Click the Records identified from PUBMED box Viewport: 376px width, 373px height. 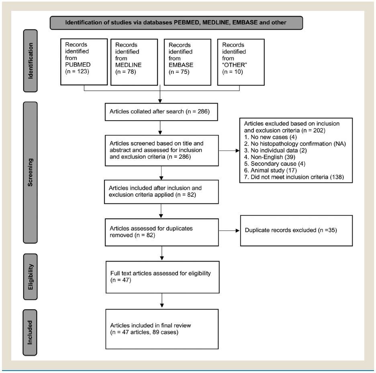(84, 62)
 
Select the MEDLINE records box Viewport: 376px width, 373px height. (134, 62)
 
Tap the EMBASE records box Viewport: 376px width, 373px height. (188, 62)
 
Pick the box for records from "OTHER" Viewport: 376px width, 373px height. (241, 62)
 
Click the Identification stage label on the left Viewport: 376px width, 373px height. (31, 61)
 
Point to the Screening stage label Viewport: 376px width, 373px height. (30, 172)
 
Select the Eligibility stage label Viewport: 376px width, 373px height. (31, 277)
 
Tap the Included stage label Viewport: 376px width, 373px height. (30, 332)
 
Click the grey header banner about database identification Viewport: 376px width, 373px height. (176, 23)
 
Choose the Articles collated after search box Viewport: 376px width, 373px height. (161, 112)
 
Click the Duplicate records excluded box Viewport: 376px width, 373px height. (296, 231)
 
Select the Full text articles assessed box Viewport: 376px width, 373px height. (163, 277)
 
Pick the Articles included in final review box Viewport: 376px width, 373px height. (162, 329)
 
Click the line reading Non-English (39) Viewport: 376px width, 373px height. (270, 157)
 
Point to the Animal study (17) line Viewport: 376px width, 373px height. (270, 170)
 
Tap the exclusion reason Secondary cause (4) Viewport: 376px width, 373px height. (274, 164)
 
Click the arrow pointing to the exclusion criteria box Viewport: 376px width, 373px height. (229, 151)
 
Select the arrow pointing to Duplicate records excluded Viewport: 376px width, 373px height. (229, 231)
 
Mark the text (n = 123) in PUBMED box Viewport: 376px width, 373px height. (77, 72)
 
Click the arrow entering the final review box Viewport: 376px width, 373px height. (162, 300)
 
